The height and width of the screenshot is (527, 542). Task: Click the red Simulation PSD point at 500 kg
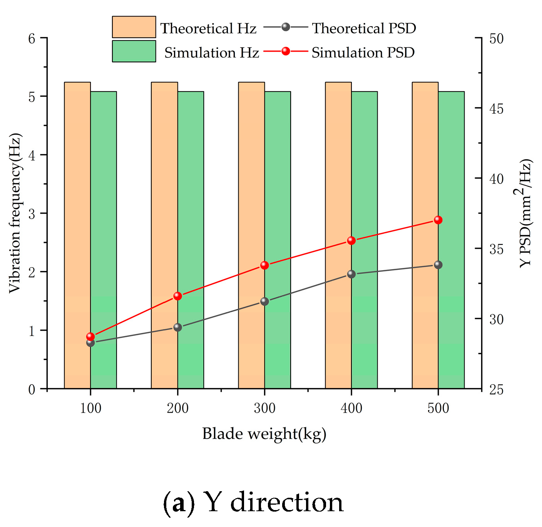[438, 220]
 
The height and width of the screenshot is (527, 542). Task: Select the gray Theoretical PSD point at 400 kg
[351, 274]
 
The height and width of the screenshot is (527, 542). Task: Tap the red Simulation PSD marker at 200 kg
[177, 296]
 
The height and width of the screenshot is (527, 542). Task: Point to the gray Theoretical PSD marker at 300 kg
[264, 301]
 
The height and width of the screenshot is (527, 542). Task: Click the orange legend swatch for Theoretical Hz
[134, 27]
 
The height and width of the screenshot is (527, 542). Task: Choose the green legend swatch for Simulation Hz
[134, 51]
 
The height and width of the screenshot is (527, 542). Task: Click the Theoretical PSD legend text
[364, 28]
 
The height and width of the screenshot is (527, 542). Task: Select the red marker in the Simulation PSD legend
[286, 51]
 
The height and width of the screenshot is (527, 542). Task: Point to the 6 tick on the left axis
[32, 38]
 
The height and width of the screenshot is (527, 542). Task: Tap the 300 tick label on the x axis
[264, 408]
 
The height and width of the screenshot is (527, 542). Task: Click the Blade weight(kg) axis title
[264, 434]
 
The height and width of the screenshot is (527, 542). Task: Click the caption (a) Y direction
[253, 503]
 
